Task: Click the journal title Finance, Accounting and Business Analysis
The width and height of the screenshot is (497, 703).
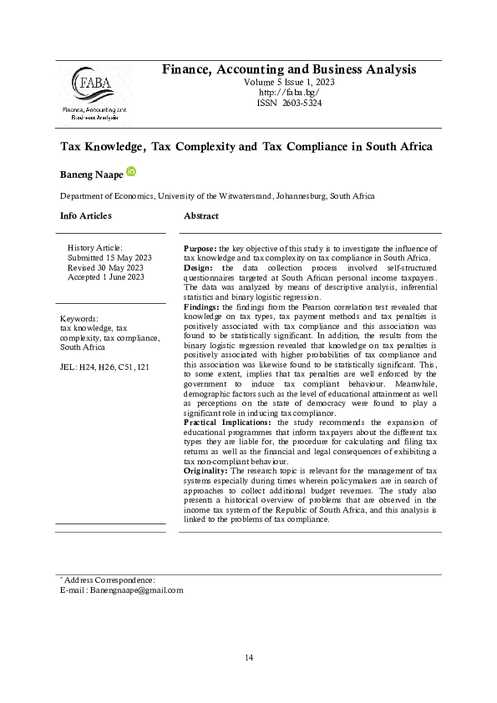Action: [288, 69]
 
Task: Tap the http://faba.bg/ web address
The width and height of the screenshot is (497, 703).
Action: [288, 93]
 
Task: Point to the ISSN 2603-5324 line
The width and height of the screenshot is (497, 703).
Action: [288, 103]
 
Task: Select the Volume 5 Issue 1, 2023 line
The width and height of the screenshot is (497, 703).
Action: [288, 83]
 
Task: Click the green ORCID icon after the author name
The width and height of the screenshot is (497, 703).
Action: [131, 171]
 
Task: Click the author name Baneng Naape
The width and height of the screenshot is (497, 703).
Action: [91, 174]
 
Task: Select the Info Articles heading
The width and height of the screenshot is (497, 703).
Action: [85, 216]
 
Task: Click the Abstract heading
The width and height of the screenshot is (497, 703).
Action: [201, 216]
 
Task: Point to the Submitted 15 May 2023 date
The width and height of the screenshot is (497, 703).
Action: [109, 257]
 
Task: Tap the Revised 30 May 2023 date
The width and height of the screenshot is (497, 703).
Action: [106, 267]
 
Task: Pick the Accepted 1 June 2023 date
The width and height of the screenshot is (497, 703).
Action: [106, 277]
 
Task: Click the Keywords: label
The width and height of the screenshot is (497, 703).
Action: [79, 318]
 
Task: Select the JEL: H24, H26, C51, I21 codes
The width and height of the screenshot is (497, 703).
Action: [105, 367]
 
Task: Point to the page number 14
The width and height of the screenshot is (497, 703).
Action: [248, 659]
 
